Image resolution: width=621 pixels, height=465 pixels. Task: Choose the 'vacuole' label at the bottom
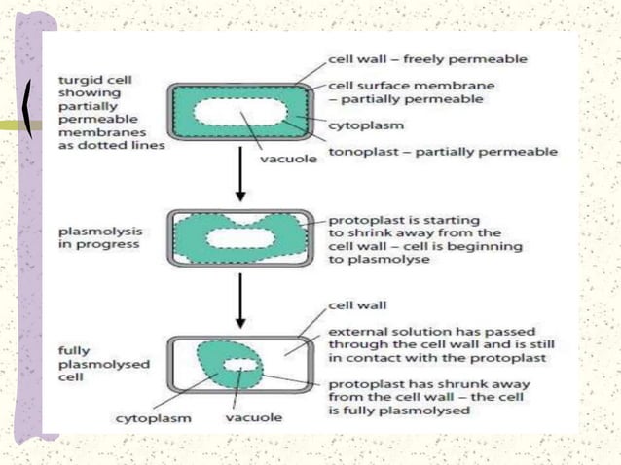coord(254,418)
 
